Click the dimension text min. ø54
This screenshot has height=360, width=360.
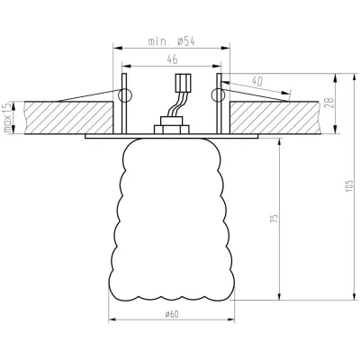point(169,42)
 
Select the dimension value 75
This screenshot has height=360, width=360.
point(274,218)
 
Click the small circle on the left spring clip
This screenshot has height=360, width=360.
point(124,94)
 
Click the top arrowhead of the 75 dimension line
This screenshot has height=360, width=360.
point(282,140)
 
